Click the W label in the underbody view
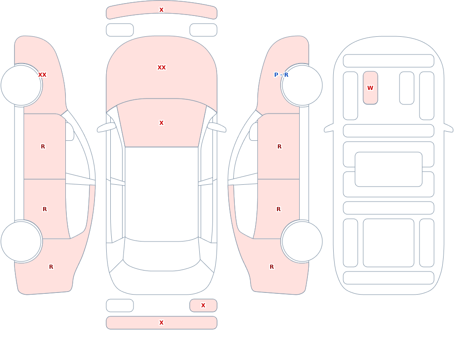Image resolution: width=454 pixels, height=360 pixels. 370,88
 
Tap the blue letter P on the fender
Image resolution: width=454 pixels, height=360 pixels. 276,75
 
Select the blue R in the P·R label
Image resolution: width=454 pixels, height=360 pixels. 286,75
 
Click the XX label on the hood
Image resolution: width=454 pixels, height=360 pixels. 162,68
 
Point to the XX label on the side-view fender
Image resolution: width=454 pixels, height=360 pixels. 42,75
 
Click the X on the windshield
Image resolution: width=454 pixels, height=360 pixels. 162,123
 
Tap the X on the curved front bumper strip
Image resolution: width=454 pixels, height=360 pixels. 162,10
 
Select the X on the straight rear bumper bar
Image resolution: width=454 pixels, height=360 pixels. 162,323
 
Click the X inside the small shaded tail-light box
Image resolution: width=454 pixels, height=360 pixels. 203,305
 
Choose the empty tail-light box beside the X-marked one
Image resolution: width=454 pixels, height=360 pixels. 120,306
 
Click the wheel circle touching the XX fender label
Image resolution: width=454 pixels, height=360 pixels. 21,85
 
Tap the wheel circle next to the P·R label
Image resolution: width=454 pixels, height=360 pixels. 302,85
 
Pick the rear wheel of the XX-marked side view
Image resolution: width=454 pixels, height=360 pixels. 21,242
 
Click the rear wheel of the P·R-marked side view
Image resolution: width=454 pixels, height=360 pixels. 302,242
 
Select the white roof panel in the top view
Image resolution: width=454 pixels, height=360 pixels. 162,193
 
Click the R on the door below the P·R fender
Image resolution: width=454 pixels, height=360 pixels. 279,147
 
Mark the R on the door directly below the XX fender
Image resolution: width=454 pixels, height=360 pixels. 43,147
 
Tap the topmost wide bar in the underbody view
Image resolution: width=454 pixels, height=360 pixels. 389,61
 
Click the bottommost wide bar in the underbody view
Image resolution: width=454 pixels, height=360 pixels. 389,278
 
